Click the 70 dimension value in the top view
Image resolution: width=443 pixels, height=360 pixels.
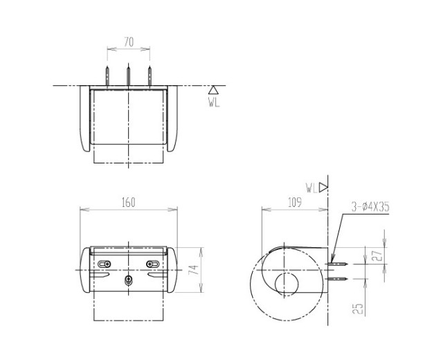(x=129, y=42)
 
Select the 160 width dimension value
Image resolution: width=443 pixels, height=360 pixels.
(x=129, y=202)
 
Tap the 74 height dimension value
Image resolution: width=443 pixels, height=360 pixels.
(x=193, y=270)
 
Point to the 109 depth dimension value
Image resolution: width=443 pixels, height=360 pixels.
(x=295, y=202)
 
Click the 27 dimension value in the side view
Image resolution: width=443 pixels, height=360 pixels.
(x=379, y=255)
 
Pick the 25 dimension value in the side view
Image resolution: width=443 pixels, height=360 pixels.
(x=358, y=309)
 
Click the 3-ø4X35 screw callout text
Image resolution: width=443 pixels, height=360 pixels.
(x=370, y=207)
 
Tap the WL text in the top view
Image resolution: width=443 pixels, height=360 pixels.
(x=214, y=102)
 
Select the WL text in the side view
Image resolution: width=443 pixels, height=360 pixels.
(x=311, y=188)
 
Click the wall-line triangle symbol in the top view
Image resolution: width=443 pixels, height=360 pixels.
(x=213, y=90)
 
